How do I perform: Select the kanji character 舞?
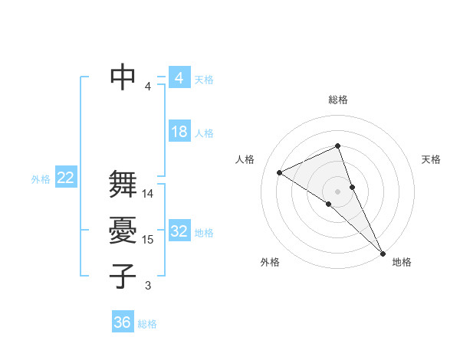tap(123, 185)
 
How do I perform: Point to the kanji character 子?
tap(123, 275)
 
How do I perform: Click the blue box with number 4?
tap(179, 78)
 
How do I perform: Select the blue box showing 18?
tap(179, 132)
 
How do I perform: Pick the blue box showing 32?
tap(179, 231)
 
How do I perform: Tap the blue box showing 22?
tap(65, 178)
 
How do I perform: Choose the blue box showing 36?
tap(123, 322)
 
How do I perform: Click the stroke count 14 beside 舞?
tap(148, 194)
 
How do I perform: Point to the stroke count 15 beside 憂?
tap(148, 240)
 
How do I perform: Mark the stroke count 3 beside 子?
tap(148, 286)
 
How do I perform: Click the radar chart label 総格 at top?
tap(337, 100)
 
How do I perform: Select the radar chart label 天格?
tap(431, 159)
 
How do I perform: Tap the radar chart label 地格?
tap(402, 262)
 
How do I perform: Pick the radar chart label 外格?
tap(270, 262)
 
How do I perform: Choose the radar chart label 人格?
tap(245, 159)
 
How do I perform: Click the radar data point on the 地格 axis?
tap(382, 252)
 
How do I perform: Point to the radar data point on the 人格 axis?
tap(280, 172)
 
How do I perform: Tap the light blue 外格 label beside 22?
tap(41, 179)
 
